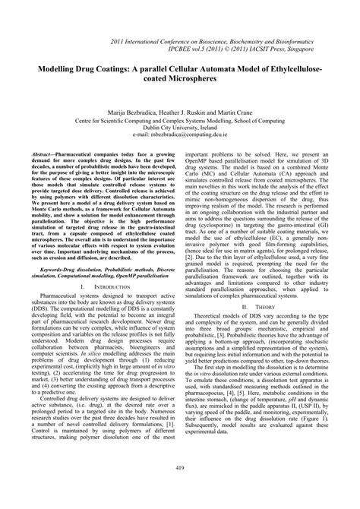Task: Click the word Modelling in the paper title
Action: pos(55,67)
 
